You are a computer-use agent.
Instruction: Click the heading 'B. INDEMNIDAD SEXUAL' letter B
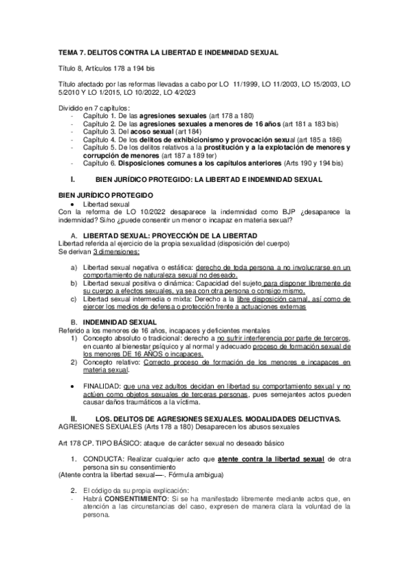coord(74,320)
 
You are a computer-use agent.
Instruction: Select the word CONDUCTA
coord(102,460)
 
